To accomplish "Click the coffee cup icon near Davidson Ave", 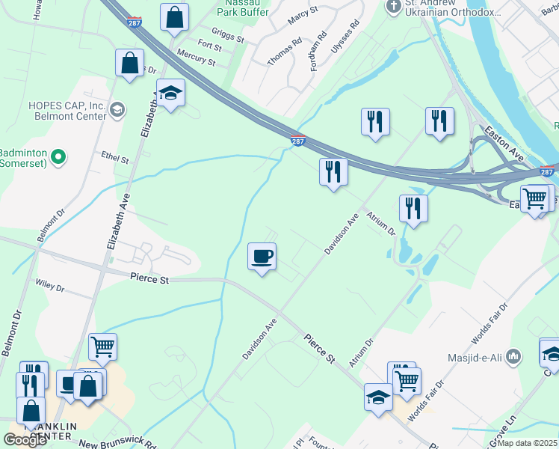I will pos(262,257).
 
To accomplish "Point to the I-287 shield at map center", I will pos(297,140).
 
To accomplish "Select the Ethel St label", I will pos(115,159).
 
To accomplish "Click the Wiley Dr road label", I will pos(50,287).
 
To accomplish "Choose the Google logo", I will pos(25,439).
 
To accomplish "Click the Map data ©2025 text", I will pos(528,443).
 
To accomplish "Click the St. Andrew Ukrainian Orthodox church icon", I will pos(393,7).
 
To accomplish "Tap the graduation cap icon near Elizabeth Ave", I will pos(171,93).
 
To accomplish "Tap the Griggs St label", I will pos(227,34).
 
